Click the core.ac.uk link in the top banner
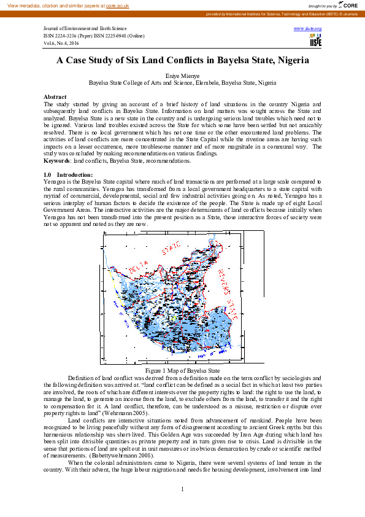point(118,5)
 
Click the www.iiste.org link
point(308,29)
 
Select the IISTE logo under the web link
point(315,41)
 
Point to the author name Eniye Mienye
point(182,75)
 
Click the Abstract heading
point(55,97)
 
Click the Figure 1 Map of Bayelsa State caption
point(182,371)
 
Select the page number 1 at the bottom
point(182,489)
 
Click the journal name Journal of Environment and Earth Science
point(85,29)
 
